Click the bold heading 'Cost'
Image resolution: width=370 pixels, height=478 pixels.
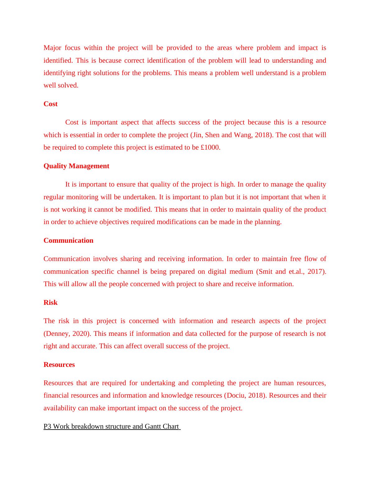(50, 104)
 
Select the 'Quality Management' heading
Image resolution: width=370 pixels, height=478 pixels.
(76, 166)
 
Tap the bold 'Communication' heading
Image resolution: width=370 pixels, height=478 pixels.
(68, 241)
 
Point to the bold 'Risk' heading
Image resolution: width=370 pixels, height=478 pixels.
(50, 303)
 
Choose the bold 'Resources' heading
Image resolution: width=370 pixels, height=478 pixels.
(59, 365)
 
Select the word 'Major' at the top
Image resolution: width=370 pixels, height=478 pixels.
(53, 48)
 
